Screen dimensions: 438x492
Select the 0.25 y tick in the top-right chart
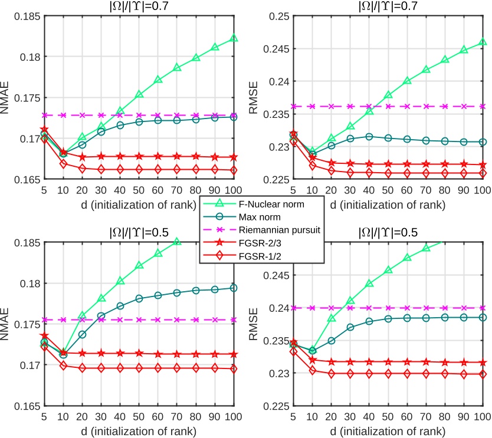point(278,16)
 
